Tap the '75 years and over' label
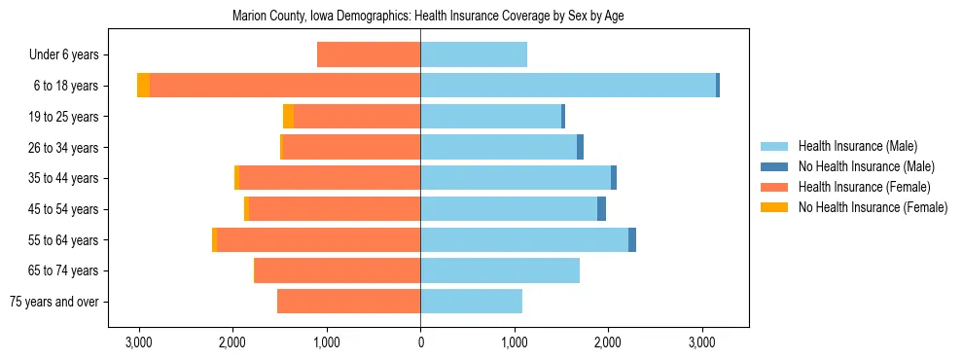click(53, 302)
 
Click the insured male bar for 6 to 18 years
click(568, 86)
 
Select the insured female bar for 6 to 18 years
click(285, 86)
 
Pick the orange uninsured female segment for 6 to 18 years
click(143, 86)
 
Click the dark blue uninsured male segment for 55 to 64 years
click(632, 239)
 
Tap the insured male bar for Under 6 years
click(474, 54)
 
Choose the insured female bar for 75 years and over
click(348, 302)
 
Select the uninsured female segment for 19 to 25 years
click(288, 116)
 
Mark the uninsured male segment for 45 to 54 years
click(601, 208)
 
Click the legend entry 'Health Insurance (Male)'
click(857, 146)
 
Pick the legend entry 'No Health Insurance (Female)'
click(872, 207)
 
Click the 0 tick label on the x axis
click(420, 342)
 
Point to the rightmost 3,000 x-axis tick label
click(701, 342)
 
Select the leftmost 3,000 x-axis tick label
click(138, 342)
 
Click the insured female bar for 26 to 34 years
click(351, 147)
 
